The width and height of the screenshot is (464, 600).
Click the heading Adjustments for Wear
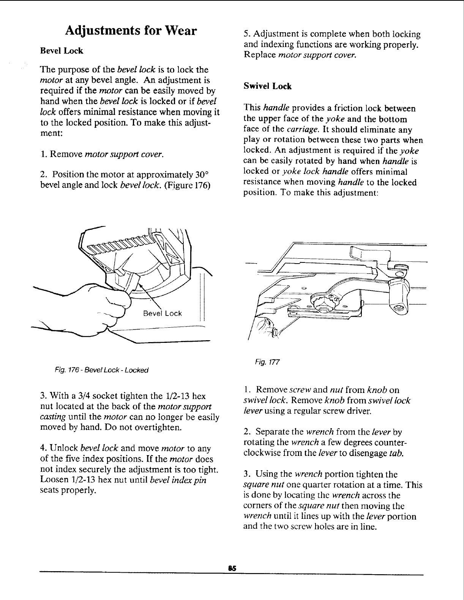(131, 30)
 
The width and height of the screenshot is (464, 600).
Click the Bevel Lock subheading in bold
(62, 50)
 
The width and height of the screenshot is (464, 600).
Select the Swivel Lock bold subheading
(267, 86)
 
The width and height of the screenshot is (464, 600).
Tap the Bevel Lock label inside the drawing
(162, 313)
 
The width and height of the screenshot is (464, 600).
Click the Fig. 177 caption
(267, 361)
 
